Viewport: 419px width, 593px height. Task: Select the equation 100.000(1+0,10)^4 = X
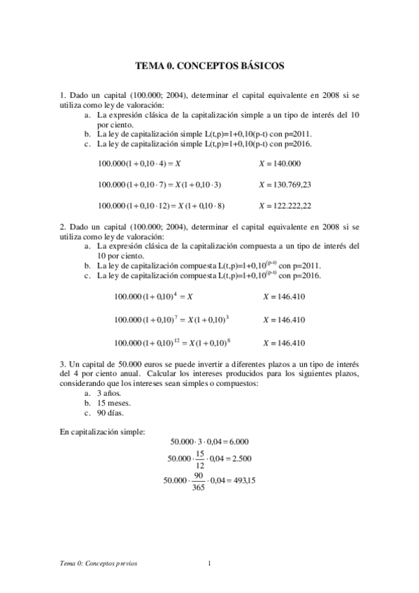point(153,296)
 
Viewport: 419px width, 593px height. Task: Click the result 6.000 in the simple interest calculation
point(238,442)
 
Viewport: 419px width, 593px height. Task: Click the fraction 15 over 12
point(200,459)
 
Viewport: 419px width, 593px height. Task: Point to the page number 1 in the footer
point(210,564)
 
